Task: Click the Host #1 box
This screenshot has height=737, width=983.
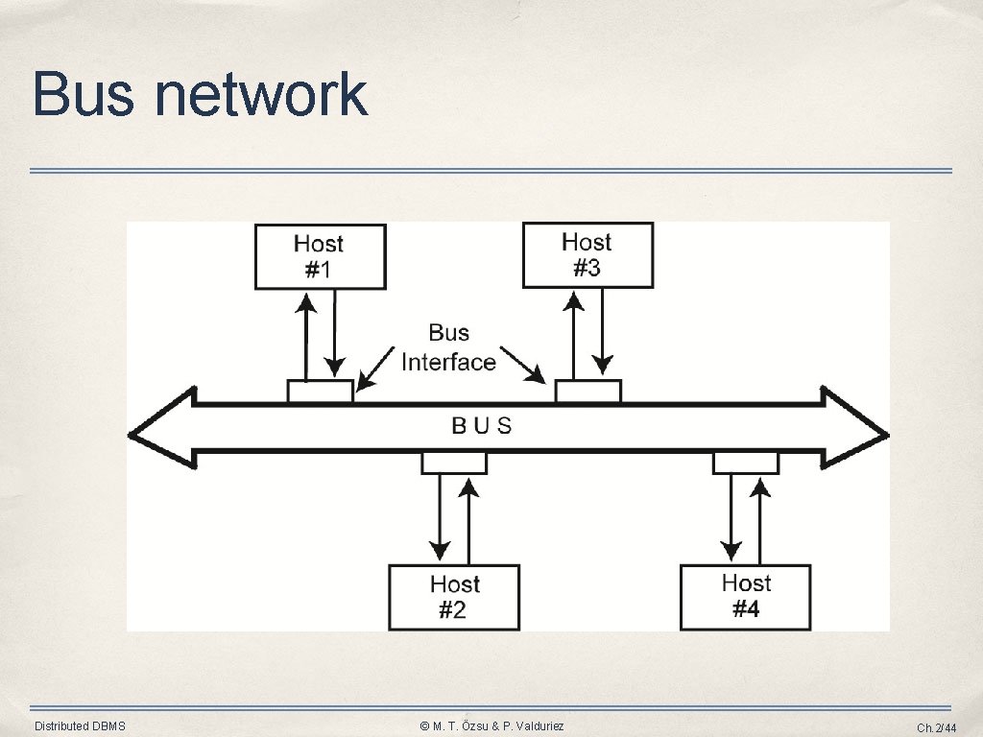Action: coord(320,257)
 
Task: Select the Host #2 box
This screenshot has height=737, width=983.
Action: coord(454,597)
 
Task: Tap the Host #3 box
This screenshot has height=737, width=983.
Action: coord(587,255)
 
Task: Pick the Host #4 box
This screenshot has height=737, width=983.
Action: coord(746,596)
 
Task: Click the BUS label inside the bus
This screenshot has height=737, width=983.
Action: coord(482,425)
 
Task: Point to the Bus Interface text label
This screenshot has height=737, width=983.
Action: coord(448,347)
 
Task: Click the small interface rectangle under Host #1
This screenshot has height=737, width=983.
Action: coord(320,392)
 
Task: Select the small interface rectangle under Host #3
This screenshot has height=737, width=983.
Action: coord(588,392)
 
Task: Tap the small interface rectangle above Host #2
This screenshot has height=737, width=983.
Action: coord(454,464)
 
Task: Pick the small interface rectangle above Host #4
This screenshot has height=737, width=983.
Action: coord(746,464)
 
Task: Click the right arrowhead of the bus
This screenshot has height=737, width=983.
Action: coord(856,435)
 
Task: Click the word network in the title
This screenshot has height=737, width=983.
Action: coord(260,95)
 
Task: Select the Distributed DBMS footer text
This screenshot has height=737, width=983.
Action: coord(80,726)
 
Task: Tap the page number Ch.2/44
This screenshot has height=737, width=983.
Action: coord(936,727)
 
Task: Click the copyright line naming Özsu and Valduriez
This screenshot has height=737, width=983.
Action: coord(491,726)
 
